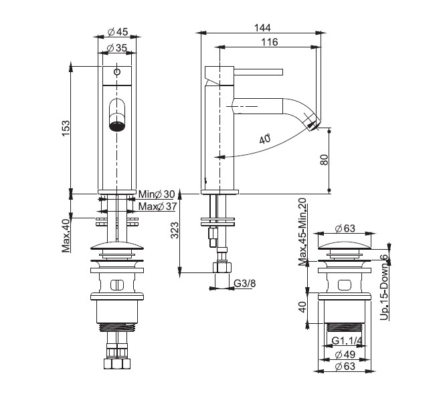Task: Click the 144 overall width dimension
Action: click(262, 28)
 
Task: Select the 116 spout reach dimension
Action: click(270, 42)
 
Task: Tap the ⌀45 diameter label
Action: click(118, 32)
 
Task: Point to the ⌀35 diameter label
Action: click(117, 48)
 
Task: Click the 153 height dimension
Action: click(66, 128)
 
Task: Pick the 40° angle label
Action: click(265, 140)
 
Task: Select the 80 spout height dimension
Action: click(325, 160)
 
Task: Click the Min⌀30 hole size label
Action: click(157, 194)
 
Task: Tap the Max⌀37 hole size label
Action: click(158, 206)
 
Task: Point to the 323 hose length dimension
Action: click(175, 230)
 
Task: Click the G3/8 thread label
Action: click(245, 283)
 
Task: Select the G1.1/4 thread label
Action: click(347, 341)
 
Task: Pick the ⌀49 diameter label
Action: click(345, 355)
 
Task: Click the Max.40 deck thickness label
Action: click(66, 236)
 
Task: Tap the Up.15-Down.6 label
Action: click(385, 286)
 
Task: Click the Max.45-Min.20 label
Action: click(302, 232)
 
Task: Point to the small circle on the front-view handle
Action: click(117, 72)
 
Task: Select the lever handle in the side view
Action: click(258, 72)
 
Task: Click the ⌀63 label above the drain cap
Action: click(345, 228)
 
